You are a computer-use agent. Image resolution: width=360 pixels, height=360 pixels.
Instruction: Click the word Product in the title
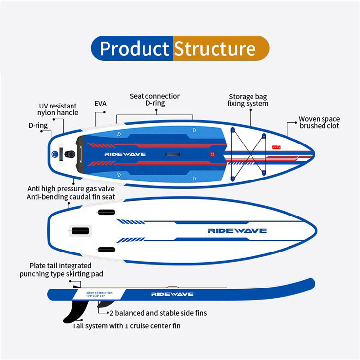tap(134, 49)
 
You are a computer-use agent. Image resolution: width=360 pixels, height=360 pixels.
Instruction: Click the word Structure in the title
tap(215, 49)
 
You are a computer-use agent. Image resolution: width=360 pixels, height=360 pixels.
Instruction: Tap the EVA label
tap(100, 104)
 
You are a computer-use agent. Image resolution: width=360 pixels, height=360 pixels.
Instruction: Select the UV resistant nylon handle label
tap(58, 109)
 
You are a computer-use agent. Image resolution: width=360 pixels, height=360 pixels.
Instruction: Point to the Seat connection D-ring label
tap(155, 100)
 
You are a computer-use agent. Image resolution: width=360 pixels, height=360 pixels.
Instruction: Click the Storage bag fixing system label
tap(248, 100)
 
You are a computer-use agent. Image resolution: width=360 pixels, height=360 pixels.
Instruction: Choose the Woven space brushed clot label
tap(319, 122)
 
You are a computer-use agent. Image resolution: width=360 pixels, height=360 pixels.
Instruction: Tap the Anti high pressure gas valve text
tap(71, 189)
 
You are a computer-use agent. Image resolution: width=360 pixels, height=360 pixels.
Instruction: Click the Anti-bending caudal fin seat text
tap(71, 197)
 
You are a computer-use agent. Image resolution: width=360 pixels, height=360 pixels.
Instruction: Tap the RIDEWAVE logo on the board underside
tap(237, 230)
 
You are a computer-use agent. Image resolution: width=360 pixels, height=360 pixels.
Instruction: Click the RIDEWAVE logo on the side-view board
tap(172, 294)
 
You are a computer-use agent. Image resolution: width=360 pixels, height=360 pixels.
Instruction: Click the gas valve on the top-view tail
tap(71, 154)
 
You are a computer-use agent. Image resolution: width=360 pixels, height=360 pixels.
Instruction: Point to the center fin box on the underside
tap(81, 230)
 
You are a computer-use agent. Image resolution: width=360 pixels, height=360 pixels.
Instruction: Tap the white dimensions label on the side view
tap(98, 294)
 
